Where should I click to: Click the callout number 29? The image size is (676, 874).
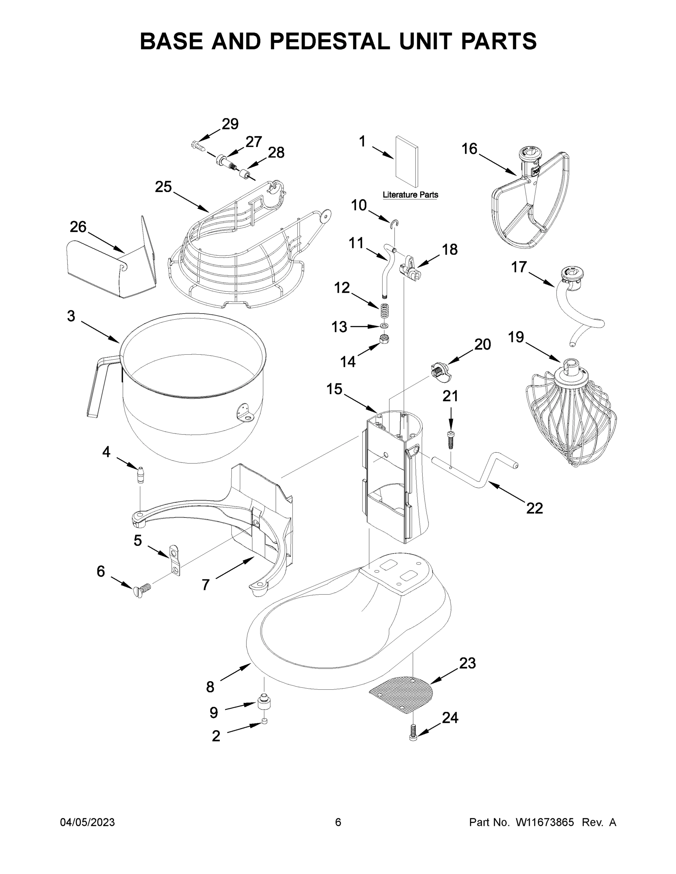click(230, 124)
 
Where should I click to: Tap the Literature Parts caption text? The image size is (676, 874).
click(410, 195)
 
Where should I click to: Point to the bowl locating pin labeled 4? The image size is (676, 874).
click(141, 475)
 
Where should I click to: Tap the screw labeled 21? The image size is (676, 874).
click(450, 441)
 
